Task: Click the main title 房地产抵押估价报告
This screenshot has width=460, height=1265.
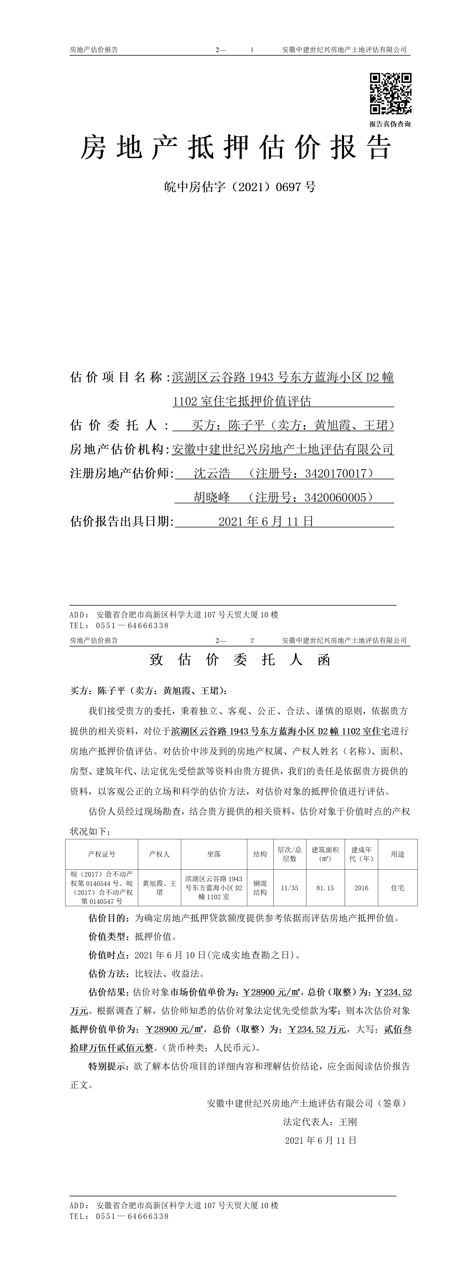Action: [x=236, y=147]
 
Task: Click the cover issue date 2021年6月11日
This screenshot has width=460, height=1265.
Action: [x=266, y=522]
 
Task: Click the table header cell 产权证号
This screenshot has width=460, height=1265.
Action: [x=102, y=854]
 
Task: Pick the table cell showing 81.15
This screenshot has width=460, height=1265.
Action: [x=325, y=888]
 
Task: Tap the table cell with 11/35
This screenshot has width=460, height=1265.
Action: [x=290, y=888]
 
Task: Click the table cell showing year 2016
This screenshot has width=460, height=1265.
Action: [x=361, y=888]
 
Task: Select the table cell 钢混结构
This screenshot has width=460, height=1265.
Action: [x=260, y=888]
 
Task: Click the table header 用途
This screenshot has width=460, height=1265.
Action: [x=398, y=854]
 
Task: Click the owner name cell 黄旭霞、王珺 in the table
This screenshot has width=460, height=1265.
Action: [x=159, y=888]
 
